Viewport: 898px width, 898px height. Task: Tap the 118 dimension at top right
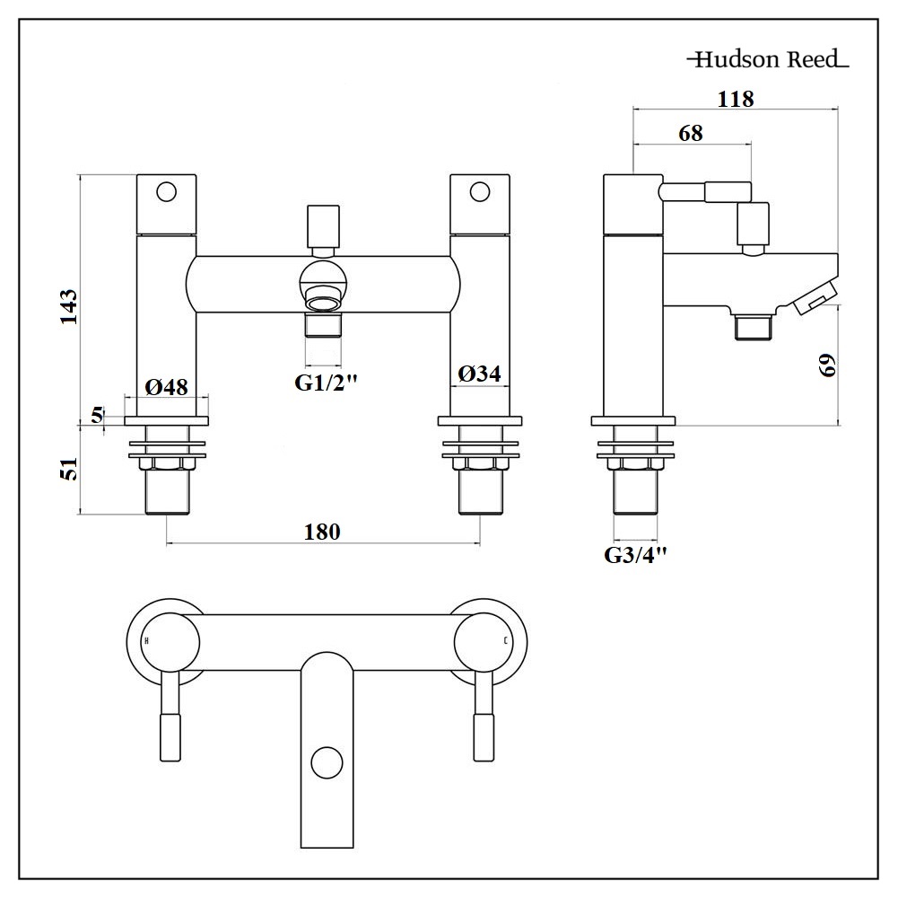736,99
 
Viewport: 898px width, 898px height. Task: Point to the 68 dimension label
691,133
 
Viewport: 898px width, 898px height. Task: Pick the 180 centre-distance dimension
323,532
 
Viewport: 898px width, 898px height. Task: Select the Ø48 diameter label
166,387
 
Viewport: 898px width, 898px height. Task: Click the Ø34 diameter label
480,374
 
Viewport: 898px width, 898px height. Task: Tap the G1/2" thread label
327,383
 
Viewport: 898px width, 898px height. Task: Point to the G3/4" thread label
636,555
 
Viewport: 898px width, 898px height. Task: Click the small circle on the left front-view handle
166,191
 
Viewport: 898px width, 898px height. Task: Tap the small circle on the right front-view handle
480,191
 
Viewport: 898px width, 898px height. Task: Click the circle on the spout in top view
327,764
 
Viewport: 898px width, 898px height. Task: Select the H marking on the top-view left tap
147,641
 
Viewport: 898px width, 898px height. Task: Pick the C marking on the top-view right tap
507,641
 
